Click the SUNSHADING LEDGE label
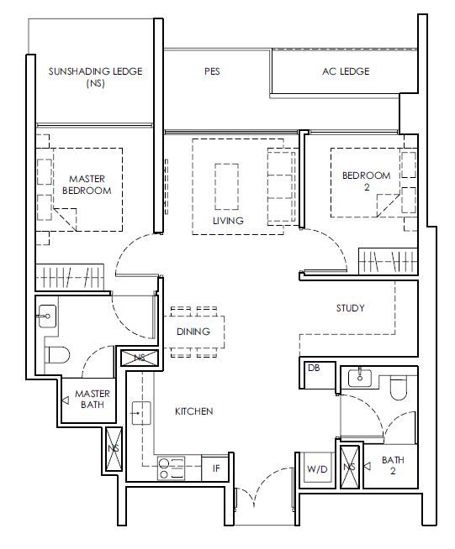(x=95, y=71)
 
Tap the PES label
(x=212, y=71)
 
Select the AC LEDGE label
(x=346, y=71)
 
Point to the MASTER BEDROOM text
(x=87, y=185)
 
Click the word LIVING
(x=228, y=221)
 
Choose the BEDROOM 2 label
(x=366, y=181)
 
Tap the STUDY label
(x=350, y=308)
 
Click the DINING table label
(x=193, y=332)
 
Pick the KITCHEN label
(x=194, y=411)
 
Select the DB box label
(x=314, y=368)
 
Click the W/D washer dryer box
(x=317, y=468)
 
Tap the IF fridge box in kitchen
(x=215, y=468)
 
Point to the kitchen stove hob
(x=171, y=468)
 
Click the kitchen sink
(x=141, y=413)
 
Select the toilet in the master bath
(x=57, y=355)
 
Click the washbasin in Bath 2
(x=360, y=379)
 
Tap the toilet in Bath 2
(x=398, y=389)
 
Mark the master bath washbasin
(x=47, y=316)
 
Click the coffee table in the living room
(x=226, y=186)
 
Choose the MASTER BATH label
(x=93, y=399)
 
